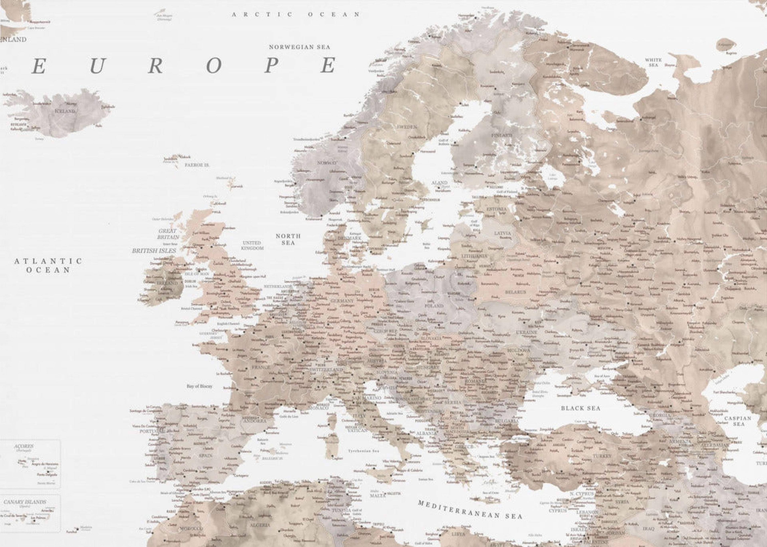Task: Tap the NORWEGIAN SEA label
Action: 299,47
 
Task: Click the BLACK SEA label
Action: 581,408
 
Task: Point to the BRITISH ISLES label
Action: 154,251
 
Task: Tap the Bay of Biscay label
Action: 200,386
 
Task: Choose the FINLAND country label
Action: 502,135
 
